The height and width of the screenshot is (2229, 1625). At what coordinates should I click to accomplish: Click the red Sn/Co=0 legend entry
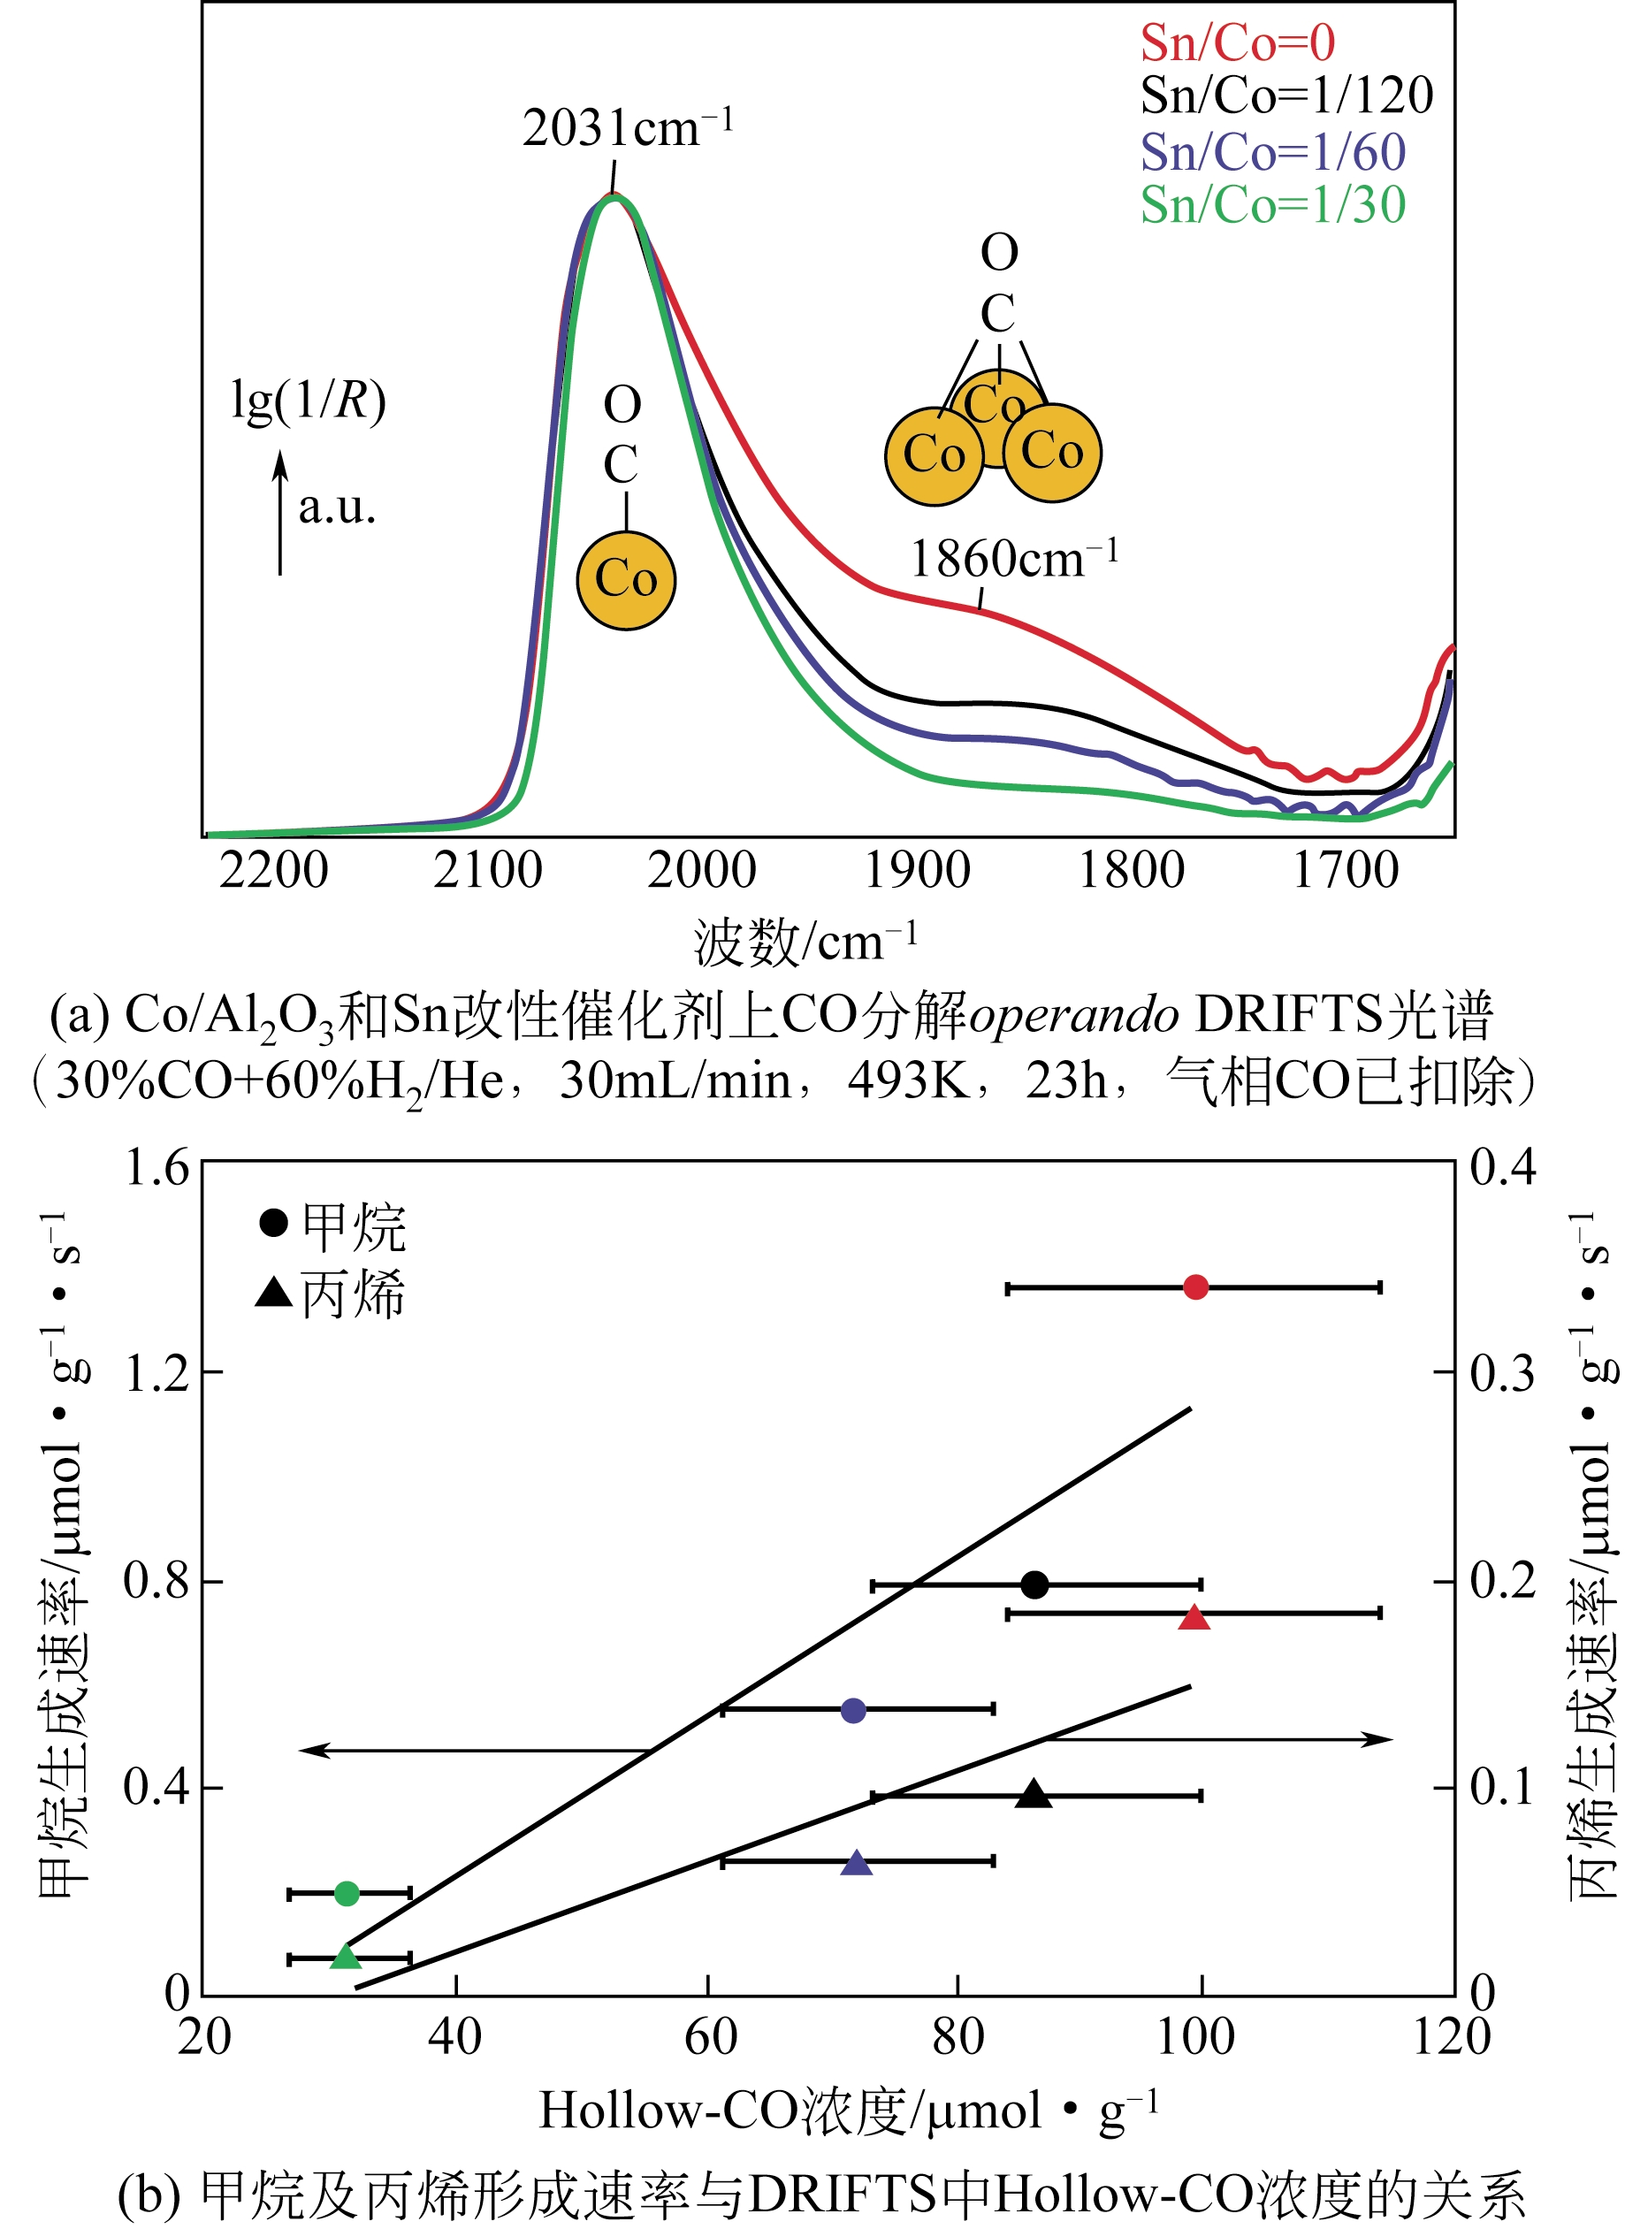tap(1238, 43)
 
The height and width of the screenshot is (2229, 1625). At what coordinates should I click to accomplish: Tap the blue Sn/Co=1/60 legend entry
tap(1273, 151)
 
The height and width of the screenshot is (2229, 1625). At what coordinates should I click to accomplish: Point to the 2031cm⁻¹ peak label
tap(627, 128)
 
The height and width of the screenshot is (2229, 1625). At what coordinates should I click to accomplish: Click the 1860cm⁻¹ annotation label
tap(1013, 559)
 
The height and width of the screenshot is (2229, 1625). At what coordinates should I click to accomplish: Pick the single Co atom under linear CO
tap(626, 579)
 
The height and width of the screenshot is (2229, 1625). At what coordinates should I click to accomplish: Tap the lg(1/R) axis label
tap(308, 401)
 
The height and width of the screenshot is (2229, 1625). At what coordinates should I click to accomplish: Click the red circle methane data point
tap(1195, 1286)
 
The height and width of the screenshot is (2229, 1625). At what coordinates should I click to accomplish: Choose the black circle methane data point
tap(1034, 1584)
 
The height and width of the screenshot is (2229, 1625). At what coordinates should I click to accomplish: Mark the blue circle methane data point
tap(854, 1711)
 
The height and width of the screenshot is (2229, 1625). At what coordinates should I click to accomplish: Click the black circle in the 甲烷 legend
tap(273, 1223)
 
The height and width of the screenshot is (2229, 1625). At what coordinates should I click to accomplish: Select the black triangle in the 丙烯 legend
tap(273, 1293)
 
